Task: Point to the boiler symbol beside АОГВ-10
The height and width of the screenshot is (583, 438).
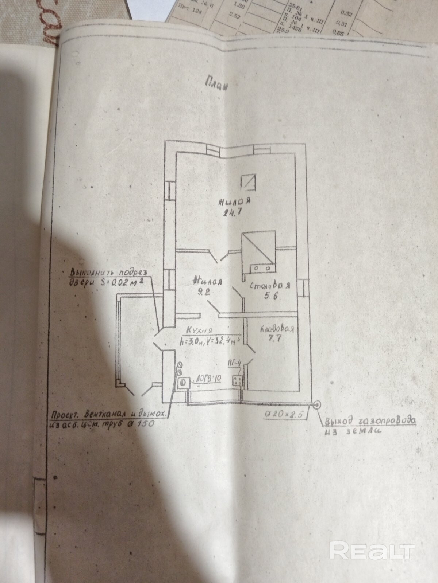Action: coord(184,383)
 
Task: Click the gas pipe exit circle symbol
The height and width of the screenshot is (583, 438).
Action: coord(317,404)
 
